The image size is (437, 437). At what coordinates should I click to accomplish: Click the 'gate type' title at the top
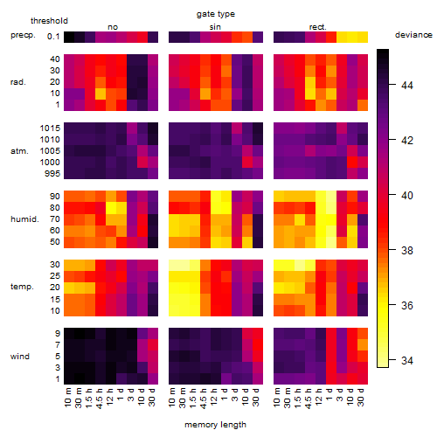(216, 14)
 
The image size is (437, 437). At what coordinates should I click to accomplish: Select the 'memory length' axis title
(215, 425)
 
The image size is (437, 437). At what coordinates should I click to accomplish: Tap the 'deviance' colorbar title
(413, 35)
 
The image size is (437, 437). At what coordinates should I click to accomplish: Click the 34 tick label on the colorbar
(407, 360)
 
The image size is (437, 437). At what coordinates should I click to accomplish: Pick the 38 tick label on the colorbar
(407, 250)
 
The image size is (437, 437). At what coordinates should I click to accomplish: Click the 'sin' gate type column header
(215, 27)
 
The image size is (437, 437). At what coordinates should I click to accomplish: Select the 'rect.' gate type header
(318, 27)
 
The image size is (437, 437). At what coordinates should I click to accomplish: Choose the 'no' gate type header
(113, 27)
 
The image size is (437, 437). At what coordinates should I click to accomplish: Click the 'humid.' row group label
(24, 219)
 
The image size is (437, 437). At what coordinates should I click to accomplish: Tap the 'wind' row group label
(20, 357)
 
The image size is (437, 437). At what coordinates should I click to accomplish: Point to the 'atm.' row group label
(19, 151)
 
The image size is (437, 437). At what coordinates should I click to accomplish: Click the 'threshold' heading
(49, 21)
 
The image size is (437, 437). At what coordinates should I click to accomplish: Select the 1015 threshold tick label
(50, 128)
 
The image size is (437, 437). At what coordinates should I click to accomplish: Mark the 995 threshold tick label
(52, 174)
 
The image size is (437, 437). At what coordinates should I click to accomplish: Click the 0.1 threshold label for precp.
(53, 37)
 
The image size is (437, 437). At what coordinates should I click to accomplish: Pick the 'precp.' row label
(23, 35)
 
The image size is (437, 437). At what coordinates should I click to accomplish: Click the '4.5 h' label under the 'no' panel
(100, 399)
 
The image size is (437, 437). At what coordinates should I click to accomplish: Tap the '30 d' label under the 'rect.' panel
(360, 397)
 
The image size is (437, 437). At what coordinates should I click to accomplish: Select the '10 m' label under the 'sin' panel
(172, 398)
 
